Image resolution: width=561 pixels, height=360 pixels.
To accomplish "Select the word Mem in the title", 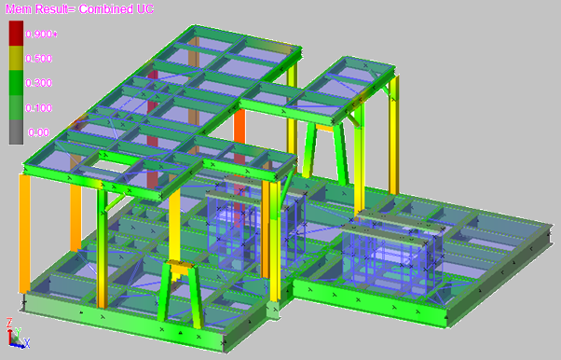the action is (19, 9).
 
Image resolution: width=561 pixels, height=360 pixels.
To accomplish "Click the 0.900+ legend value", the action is (41, 35).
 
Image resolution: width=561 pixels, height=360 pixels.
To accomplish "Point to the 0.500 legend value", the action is (38, 59).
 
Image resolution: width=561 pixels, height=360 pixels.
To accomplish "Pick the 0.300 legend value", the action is (38, 83).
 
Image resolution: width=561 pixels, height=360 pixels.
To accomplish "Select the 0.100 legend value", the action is (38, 108).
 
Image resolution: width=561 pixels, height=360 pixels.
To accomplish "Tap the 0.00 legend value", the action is (38, 132).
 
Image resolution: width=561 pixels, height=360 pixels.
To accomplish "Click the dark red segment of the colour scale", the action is (16, 33).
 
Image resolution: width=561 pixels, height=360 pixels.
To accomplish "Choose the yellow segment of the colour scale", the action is (16, 58).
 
